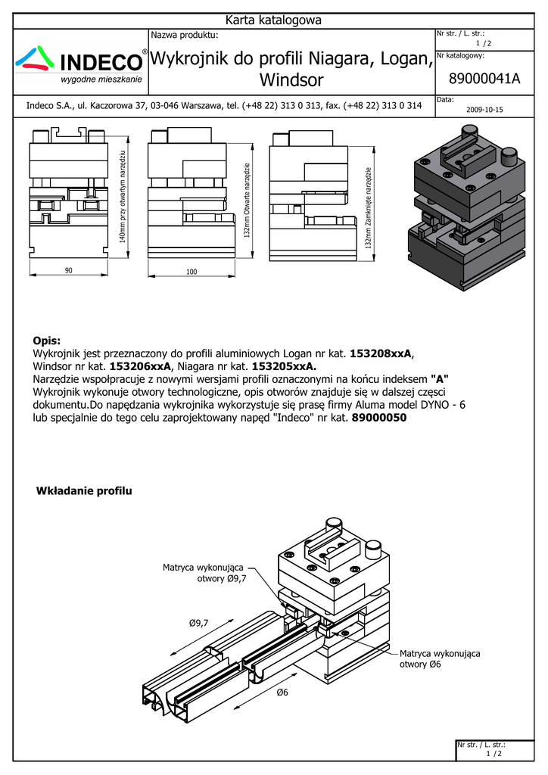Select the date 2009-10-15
[484, 110]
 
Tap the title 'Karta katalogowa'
[274, 20]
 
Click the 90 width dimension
[68, 271]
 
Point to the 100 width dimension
[191, 271]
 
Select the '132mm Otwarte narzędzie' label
[247, 201]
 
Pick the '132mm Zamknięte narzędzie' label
[369, 208]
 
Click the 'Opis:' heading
[47, 341]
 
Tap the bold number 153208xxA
[382, 353]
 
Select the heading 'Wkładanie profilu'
[84, 492]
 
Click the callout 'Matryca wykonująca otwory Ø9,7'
[204, 573]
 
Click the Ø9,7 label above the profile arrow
[198, 622]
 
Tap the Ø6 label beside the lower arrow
[283, 693]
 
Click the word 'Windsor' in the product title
[291, 80]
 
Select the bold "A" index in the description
[439, 378]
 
